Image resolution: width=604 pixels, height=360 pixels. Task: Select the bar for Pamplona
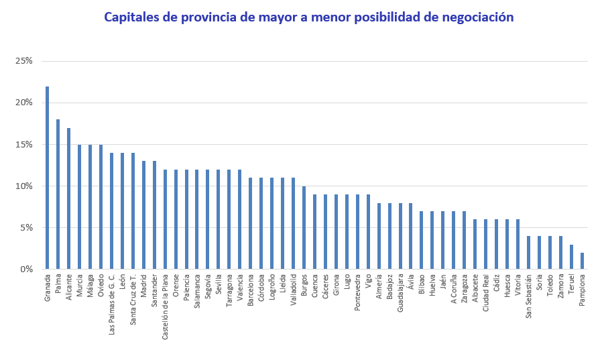[582, 261]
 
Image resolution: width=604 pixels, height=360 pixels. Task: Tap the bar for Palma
[58, 194]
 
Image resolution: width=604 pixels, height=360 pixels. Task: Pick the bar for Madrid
[143, 215]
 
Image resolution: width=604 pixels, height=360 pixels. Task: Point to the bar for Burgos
[304, 228]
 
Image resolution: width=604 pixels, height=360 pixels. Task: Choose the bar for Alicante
[68, 198]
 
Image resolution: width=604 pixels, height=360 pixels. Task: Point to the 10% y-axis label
[24, 186]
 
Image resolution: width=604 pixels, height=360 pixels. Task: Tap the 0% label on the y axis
[26, 269]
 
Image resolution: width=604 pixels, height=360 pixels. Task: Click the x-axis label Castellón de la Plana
[165, 297]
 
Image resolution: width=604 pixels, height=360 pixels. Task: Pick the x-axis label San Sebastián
[528, 296]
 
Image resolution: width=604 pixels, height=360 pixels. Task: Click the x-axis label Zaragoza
[464, 289]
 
